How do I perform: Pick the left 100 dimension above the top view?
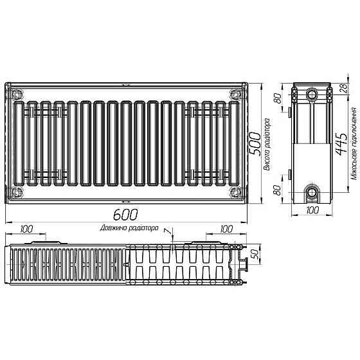point(27,229)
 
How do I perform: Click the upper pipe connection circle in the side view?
point(312,94)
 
